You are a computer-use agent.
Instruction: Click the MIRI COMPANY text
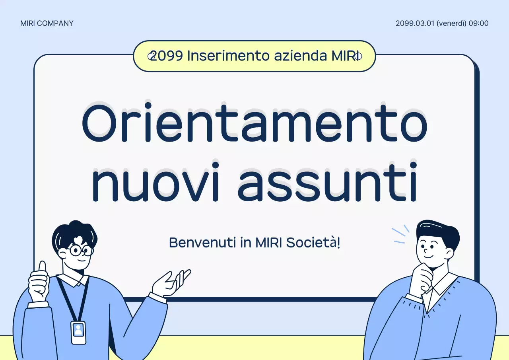point(47,23)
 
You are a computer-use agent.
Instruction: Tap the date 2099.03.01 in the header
point(415,23)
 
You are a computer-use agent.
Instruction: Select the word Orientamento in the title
point(254,124)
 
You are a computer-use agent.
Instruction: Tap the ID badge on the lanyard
point(78,332)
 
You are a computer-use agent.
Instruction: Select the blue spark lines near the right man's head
point(400,235)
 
